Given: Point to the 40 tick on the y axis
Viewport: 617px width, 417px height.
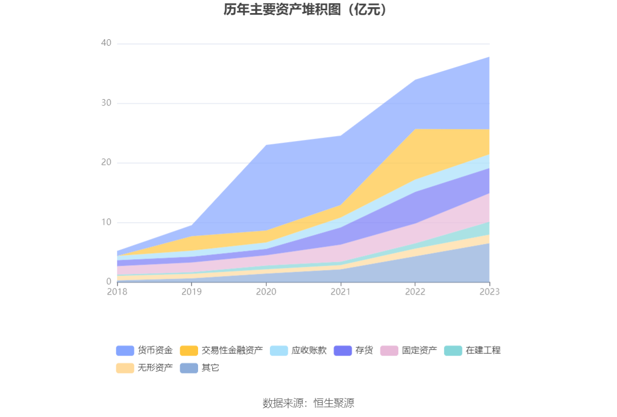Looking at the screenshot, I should [x=106, y=44].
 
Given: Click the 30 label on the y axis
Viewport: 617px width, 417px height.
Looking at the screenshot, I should [x=106, y=103].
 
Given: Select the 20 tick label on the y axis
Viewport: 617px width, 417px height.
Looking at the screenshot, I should [x=106, y=163].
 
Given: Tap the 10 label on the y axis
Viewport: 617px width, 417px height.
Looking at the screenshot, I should [x=106, y=222].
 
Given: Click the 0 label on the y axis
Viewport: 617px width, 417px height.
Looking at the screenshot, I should [x=109, y=281].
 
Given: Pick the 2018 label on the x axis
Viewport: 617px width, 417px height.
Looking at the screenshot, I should [x=117, y=292].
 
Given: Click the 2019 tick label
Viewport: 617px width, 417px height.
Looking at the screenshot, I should [x=192, y=292].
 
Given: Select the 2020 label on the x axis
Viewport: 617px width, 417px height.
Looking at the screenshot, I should [x=266, y=292].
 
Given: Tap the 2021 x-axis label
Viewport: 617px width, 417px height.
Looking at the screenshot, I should [x=341, y=292].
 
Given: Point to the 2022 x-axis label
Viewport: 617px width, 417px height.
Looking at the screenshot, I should [x=415, y=292].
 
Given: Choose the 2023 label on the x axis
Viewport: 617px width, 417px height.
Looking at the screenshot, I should [x=489, y=292].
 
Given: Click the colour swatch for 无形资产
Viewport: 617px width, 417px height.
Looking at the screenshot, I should [x=125, y=368].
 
